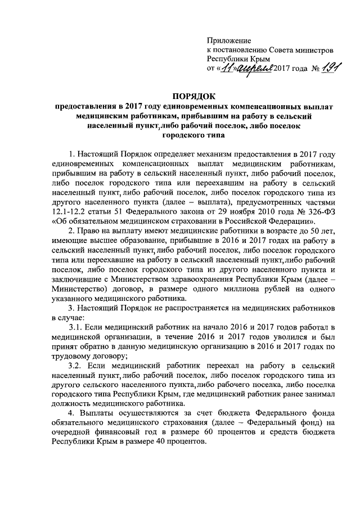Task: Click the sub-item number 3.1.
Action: tap(76, 328)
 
